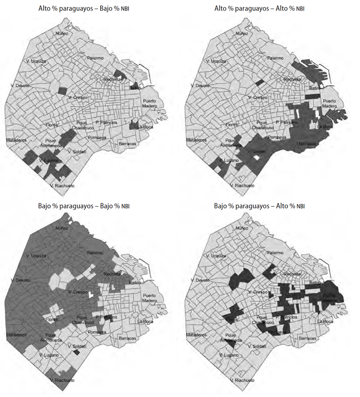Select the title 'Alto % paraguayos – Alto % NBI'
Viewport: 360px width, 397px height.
[266, 8]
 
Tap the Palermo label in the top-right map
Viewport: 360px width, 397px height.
[276, 58]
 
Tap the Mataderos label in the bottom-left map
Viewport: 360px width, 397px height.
[18, 334]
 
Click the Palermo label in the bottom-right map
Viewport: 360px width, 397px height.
[276, 253]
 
